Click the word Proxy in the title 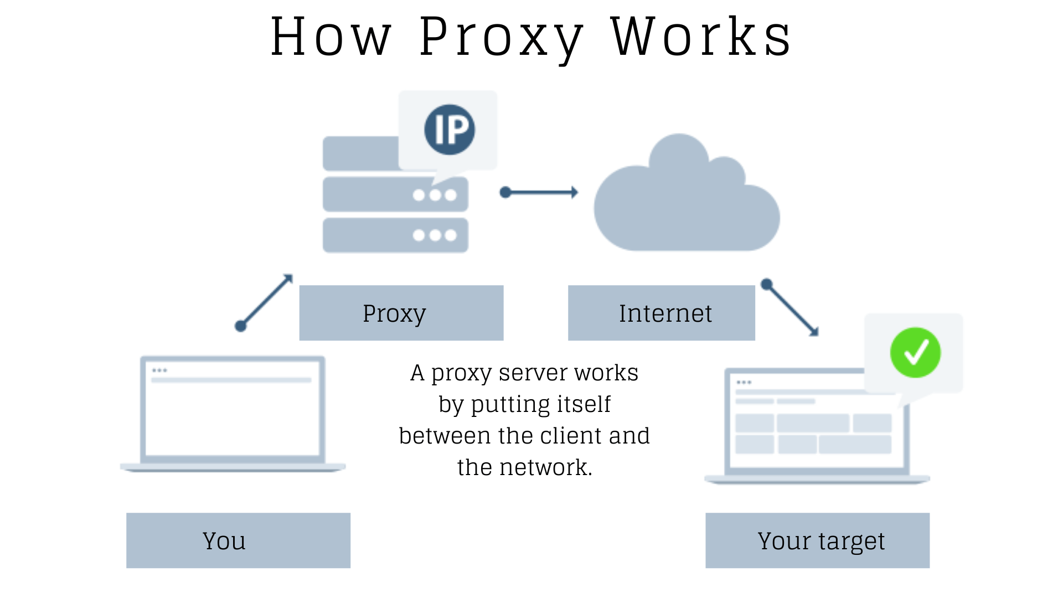501,38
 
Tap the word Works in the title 701,38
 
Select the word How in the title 331,38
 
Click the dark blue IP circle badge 450,130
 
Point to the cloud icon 687,205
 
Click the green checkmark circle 915,353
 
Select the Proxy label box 401,313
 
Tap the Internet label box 661,313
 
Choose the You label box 238,540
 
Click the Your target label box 817,540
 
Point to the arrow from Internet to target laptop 792,308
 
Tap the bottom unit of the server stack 395,235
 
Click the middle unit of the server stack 395,194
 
